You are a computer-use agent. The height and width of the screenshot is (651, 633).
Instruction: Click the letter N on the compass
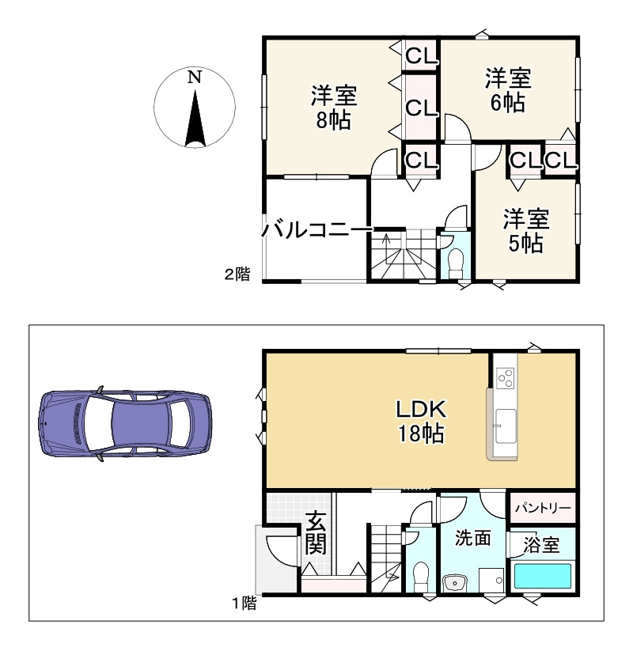pyautogui.click(x=195, y=78)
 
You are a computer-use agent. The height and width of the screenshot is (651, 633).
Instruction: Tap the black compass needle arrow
pyautogui.click(x=195, y=119)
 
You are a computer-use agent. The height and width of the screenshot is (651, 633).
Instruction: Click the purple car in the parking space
pyautogui.click(x=126, y=426)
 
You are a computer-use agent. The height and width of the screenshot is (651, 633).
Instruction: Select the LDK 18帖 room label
pyautogui.click(x=422, y=421)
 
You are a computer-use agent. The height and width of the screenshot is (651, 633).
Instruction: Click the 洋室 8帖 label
pyautogui.click(x=333, y=108)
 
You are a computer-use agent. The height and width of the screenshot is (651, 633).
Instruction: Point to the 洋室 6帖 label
pyautogui.click(x=507, y=90)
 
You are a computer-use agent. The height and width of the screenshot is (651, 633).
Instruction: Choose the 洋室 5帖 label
pyautogui.click(x=525, y=230)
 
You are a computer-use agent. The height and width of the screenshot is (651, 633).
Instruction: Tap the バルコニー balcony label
pyautogui.click(x=316, y=230)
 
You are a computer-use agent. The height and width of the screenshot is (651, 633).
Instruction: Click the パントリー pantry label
pyautogui.click(x=542, y=507)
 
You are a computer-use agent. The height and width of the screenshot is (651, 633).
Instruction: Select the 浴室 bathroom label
pyautogui.click(x=542, y=545)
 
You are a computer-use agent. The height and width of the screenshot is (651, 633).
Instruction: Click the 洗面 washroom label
pyautogui.click(x=473, y=538)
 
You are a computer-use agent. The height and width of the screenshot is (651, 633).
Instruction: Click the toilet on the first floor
pyautogui.click(x=421, y=573)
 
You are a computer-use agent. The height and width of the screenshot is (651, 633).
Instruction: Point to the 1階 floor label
pyautogui.click(x=244, y=604)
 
